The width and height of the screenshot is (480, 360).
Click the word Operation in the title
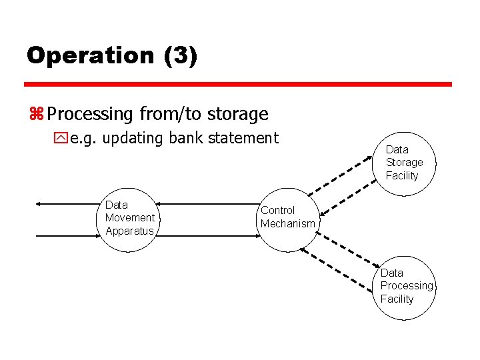tap(90, 55)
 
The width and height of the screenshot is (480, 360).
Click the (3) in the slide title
tap(180, 55)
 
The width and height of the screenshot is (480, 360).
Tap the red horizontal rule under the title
tap(238, 85)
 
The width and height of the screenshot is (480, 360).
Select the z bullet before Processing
tap(36, 115)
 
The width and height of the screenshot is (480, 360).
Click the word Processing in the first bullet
tap(91, 115)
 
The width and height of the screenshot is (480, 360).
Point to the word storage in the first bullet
tap(237, 114)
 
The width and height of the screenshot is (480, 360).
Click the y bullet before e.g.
tap(61, 139)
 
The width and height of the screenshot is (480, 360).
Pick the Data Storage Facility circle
tap(403, 163)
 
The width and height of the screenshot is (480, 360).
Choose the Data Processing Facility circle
tap(403, 287)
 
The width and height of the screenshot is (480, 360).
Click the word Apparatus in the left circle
tap(129, 231)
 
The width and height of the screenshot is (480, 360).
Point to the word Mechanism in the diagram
tap(288, 224)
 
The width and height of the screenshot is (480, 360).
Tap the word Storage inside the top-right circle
tap(404, 163)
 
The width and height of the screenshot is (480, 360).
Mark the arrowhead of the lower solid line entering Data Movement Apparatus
tap(101, 236)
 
